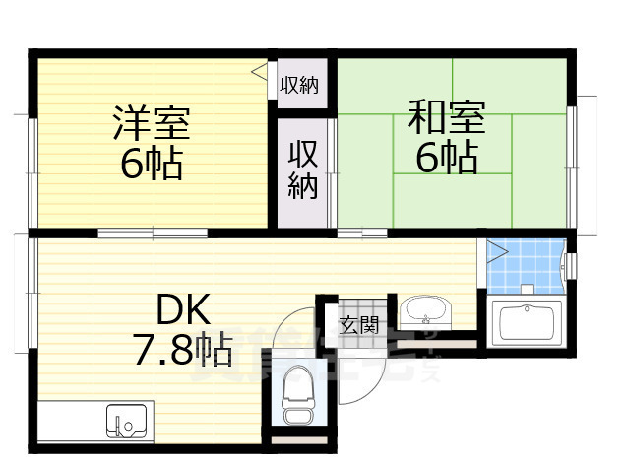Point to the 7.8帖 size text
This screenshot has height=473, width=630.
[183, 350]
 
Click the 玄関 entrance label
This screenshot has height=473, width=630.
[358, 324]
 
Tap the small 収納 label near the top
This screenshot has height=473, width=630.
[299, 86]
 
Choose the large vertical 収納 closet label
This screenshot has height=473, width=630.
[301, 169]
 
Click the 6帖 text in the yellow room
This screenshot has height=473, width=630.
[151, 163]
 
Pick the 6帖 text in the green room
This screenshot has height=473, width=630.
[445, 158]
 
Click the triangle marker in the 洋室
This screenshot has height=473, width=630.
[258, 72]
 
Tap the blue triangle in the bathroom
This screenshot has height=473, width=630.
[495, 251]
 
